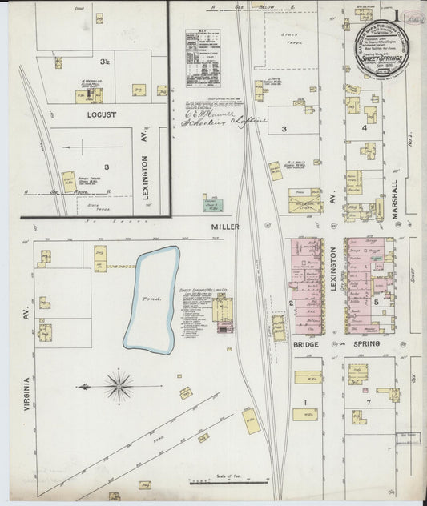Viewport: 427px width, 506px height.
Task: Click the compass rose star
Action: pos(118,387)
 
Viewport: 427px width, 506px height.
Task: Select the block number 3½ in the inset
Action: pos(105,62)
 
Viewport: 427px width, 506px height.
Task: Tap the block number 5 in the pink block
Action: pos(375,303)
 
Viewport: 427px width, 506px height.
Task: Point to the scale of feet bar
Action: pos(228,482)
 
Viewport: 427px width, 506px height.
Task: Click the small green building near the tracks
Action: pos(212,204)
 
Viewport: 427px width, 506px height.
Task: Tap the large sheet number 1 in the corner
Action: pos(400,15)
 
